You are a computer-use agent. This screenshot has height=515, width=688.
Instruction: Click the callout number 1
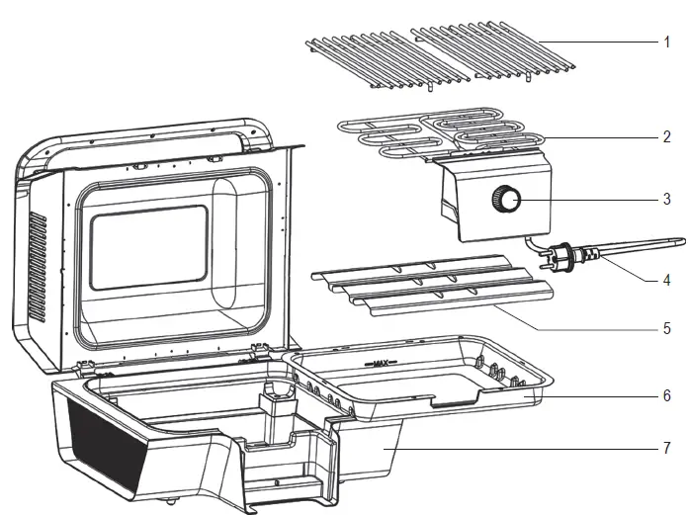click(666, 43)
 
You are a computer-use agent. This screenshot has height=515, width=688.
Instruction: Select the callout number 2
click(666, 136)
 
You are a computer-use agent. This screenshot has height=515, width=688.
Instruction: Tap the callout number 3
click(666, 199)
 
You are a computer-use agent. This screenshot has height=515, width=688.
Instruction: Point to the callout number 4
click(666, 280)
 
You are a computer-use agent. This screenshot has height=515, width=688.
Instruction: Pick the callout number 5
click(666, 328)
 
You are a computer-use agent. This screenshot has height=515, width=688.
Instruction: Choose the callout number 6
click(666, 395)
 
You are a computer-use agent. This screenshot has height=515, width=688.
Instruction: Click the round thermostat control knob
click(509, 200)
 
